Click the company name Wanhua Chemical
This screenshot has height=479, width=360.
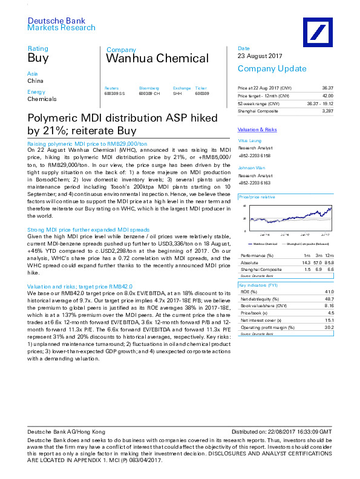tap(157, 59)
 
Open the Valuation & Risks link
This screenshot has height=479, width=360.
tap(257, 130)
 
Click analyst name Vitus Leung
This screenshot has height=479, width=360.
tap(250, 140)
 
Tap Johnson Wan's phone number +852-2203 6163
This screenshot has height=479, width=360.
tap(254, 182)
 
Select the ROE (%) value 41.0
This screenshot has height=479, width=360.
tap(329, 292)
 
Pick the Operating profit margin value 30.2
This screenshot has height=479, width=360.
tap(329, 328)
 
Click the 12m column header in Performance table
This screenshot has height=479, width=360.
tap(329, 256)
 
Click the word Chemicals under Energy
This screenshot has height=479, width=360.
tap(42, 99)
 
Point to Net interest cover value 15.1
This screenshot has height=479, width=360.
tap(329, 321)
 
